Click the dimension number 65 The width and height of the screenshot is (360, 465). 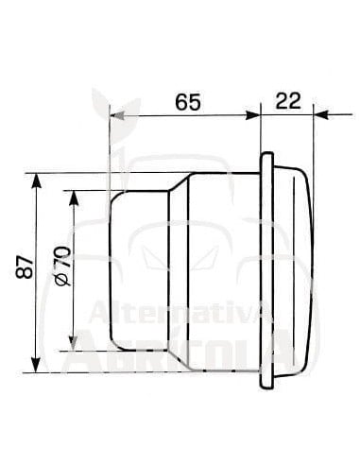point(187,102)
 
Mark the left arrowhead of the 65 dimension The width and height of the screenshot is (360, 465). point(117,115)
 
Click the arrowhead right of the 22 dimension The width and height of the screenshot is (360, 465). point(318,115)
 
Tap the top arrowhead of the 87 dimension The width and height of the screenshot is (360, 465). point(36,180)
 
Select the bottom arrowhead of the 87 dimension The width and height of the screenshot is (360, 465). point(36,366)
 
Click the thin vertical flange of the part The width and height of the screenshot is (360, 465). point(265,274)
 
